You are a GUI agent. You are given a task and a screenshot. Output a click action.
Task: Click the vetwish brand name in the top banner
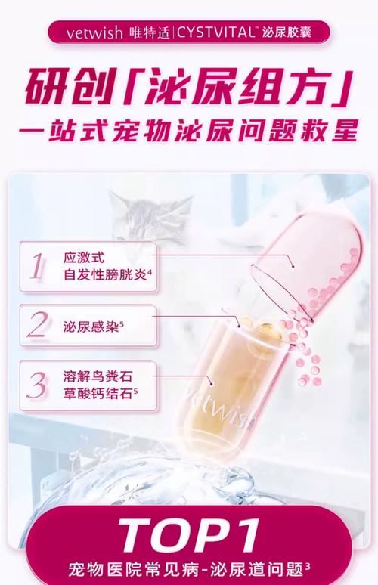[x=94, y=32]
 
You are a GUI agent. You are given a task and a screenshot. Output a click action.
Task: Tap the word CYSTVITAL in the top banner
[x=215, y=32]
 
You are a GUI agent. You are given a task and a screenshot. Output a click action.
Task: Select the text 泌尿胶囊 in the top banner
[x=287, y=32]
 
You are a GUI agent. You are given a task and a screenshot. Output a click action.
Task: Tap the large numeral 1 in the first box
[x=37, y=266]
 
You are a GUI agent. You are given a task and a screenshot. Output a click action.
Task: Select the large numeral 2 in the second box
[x=38, y=325]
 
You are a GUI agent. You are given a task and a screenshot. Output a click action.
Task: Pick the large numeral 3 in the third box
[x=37, y=385]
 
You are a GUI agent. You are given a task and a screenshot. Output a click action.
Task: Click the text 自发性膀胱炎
[x=105, y=274]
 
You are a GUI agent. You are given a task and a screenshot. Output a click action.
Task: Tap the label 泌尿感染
[x=91, y=327]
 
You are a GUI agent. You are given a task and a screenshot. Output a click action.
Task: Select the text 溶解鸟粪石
[x=98, y=376]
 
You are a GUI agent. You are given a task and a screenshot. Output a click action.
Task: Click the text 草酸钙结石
[x=98, y=394]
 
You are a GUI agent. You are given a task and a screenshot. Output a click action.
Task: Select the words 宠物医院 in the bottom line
[x=102, y=570]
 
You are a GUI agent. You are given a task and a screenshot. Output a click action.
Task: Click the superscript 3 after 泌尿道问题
[x=308, y=566]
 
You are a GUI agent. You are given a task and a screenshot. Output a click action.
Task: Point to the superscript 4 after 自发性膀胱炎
[x=150, y=273]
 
